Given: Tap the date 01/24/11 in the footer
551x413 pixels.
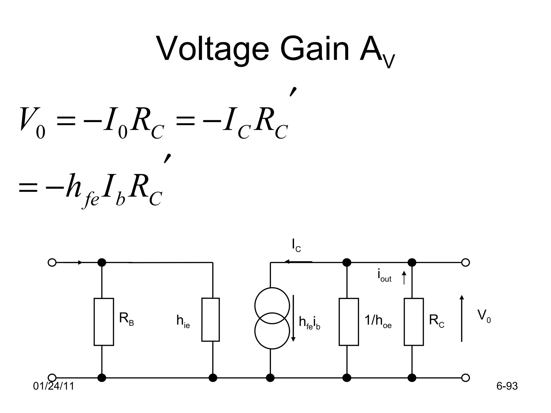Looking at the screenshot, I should coord(54,386).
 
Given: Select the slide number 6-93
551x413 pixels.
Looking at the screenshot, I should coord(507,386).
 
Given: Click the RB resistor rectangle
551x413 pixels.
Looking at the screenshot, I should coord(104,322).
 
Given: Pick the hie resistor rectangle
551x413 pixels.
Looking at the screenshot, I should coord(210,319).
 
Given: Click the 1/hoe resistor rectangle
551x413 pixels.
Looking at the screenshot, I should coord(349,322).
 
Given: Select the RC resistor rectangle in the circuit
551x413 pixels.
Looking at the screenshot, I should coord(414,322).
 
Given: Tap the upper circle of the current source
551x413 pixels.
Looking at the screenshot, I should coord(272,306).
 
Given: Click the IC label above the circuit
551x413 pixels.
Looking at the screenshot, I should coord(296,245).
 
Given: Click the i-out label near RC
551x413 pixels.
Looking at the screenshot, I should coord(384,276).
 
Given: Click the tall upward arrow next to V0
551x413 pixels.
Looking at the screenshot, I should coord(462,318).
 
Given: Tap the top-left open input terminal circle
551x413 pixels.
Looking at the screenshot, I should coord(52,262).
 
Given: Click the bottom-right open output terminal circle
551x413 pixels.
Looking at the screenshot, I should coord(465,378).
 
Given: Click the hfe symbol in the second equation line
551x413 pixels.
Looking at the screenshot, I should coord(81,190).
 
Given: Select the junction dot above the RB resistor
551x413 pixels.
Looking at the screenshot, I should coord(102,262).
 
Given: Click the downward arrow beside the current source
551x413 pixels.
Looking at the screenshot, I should coord(293,318).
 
